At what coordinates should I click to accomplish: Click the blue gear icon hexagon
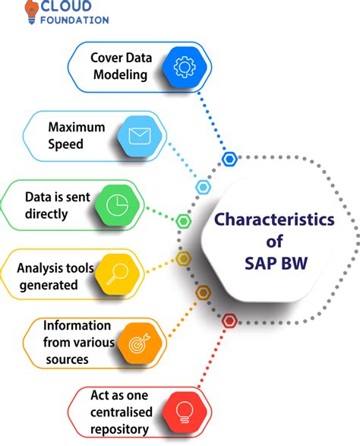click(x=185, y=67)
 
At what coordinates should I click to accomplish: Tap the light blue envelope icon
click(x=139, y=136)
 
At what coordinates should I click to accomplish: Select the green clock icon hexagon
click(x=117, y=205)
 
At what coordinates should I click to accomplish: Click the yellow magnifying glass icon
click(x=117, y=274)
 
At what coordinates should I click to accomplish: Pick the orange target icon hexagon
click(x=140, y=343)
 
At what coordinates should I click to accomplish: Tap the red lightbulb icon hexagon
click(x=185, y=412)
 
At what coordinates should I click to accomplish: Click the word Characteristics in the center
click(x=274, y=220)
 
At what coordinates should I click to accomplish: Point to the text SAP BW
click(x=276, y=263)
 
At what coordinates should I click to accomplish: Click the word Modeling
click(x=120, y=75)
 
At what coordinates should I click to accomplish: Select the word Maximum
click(x=77, y=127)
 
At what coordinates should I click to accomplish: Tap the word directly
click(x=46, y=214)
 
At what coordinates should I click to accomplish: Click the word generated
click(x=49, y=285)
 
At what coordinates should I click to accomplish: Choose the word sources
click(x=67, y=359)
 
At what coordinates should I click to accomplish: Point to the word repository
click(x=119, y=429)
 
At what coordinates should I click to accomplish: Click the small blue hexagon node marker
click(x=229, y=159)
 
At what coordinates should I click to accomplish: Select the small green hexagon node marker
click(x=183, y=221)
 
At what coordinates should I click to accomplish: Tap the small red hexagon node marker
click(x=229, y=321)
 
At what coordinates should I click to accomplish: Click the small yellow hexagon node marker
click(x=183, y=259)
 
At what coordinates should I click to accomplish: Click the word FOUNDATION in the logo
click(x=74, y=21)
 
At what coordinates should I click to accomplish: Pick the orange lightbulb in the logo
click(x=32, y=11)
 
